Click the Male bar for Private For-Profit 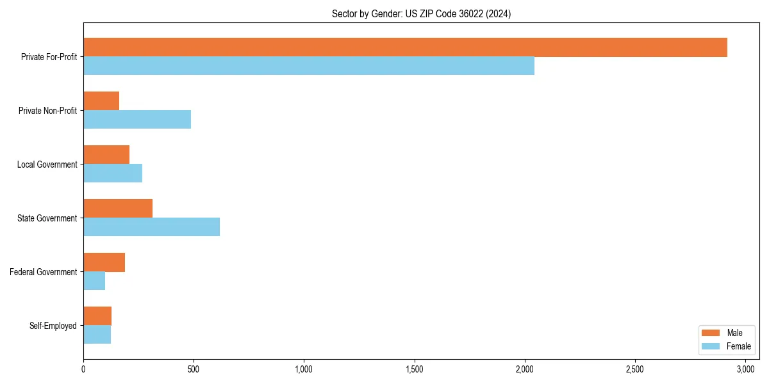pos(405,47)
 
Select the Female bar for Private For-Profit pos(309,65)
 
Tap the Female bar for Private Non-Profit pos(137,119)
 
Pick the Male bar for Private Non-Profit pos(101,101)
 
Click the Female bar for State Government pos(151,227)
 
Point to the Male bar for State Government pos(118,209)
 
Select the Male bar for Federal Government pos(104,262)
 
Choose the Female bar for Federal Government pos(94,280)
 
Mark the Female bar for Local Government pos(113,173)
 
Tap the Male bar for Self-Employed pos(97,316)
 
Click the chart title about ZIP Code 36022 pos(421,13)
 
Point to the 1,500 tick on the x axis pos(415,369)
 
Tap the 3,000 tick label pos(745,369)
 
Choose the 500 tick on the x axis pos(194,369)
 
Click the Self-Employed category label pos(53,326)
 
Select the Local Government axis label pos(47,164)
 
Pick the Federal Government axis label pos(44,272)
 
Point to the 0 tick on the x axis pos(83,369)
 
